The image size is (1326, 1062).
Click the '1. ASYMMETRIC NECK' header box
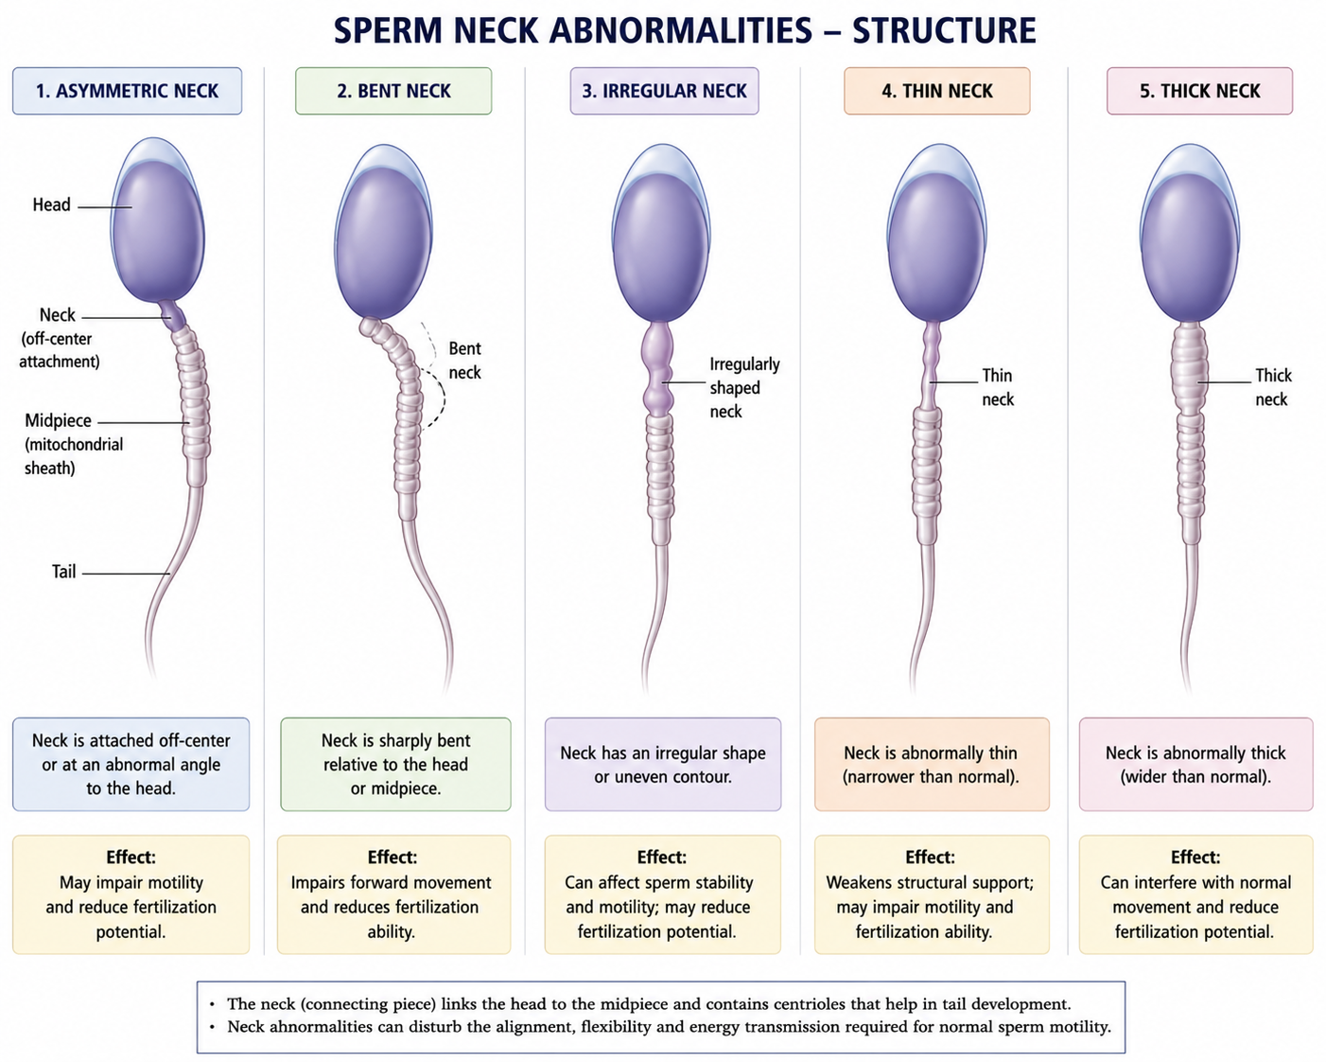(127, 91)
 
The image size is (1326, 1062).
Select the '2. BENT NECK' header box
(393, 91)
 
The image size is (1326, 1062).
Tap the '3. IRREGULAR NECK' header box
(664, 91)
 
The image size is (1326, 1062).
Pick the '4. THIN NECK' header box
(936, 91)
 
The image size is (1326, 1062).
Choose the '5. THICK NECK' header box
(1199, 91)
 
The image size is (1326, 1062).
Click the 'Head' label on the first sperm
(52, 204)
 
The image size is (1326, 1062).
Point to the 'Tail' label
(64, 572)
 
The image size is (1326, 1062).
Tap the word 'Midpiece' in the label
(58, 420)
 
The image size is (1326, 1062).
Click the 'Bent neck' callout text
(464, 361)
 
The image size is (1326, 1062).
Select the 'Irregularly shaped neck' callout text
(744, 388)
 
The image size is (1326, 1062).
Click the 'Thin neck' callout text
(998, 387)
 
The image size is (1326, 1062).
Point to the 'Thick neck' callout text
(1273, 387)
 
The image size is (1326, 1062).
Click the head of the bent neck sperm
(383, 233)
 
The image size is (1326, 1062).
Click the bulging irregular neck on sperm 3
(658, 370)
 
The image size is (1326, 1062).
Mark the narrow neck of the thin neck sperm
(932, 365)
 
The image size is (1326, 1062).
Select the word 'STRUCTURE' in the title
(944, 31)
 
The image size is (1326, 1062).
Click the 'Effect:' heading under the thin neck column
(930, 858)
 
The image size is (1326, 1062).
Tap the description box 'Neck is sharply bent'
(395, 764)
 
